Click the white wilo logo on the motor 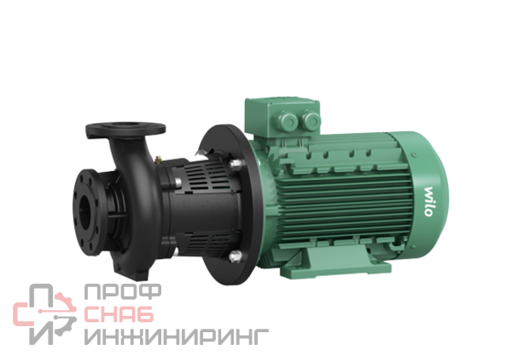click(x=428, y=202)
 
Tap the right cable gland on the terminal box click(x=310, y=119)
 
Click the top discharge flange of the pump click(x=125, y=129)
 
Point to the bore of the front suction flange click(x=85, y=213)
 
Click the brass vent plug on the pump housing click(x=159, y=160)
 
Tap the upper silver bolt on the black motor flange click(x=236, y=164)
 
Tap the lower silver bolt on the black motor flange click(x=236, y=256)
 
